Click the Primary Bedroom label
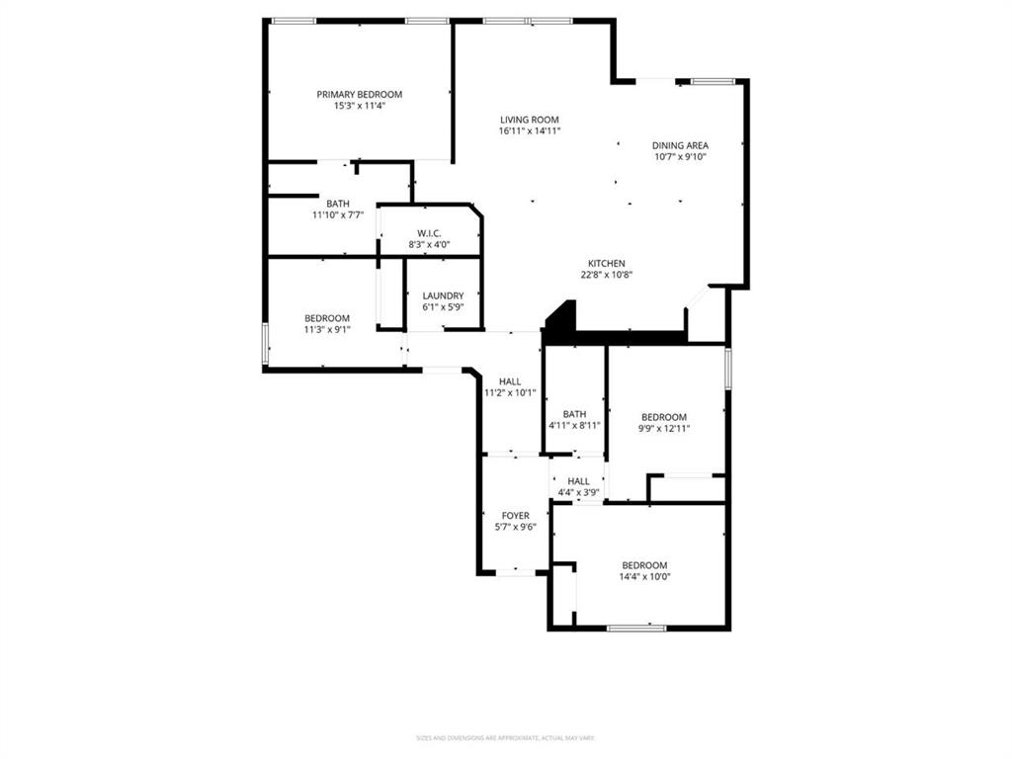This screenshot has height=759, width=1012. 359,94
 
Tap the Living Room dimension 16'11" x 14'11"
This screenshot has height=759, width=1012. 530,130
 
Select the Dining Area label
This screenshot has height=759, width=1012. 680,145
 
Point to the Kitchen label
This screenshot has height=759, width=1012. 607,263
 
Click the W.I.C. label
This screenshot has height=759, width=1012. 428,233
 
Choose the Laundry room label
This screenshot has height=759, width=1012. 443,295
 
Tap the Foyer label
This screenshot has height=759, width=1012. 516,515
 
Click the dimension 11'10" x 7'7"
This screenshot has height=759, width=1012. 339,214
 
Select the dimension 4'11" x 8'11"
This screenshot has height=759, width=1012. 574,425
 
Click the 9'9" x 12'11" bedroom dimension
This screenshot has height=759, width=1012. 663,428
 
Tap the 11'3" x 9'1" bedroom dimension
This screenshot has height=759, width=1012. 326,330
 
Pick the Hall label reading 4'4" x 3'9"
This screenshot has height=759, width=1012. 578,481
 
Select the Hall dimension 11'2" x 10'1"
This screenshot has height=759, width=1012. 510,392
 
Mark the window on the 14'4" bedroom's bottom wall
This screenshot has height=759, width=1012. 636,627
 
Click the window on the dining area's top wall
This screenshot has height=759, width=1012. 714,81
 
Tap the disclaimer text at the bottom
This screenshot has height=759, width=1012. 505,737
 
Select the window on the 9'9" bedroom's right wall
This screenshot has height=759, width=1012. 727,367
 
